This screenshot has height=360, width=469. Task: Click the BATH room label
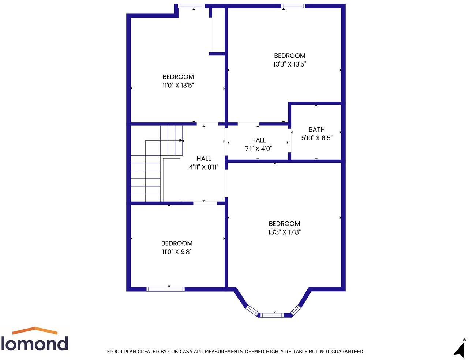(316, 129)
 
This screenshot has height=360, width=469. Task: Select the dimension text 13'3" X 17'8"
(284, 232)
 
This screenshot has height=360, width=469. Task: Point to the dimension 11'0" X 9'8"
(177, 251)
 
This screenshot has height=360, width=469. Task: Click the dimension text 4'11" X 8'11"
(203, 167)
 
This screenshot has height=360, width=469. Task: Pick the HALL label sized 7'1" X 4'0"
(258, 140)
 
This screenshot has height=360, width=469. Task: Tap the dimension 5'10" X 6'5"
(316, 138)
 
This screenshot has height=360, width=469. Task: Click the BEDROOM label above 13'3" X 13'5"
(289, 56)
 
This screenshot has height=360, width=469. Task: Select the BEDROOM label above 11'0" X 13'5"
(178, 77)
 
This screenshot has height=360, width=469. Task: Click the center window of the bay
(272, 315)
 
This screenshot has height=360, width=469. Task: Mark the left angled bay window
(252, 310)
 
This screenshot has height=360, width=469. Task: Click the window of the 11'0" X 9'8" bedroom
(165, 289)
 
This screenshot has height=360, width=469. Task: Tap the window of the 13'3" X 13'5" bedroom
(293, 6)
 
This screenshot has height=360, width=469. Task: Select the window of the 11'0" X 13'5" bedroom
(191, 6)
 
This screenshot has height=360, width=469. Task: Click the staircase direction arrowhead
(181, 140)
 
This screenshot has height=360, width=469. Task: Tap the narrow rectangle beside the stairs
(172, 179)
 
